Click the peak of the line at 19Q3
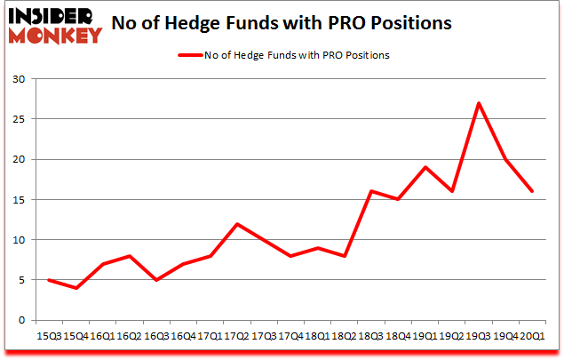tap(480, 103)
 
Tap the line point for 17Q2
tap(235, 223)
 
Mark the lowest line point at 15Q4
tap(75, 288)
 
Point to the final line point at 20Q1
tap(533, 191)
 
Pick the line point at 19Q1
tap(425, 167)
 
